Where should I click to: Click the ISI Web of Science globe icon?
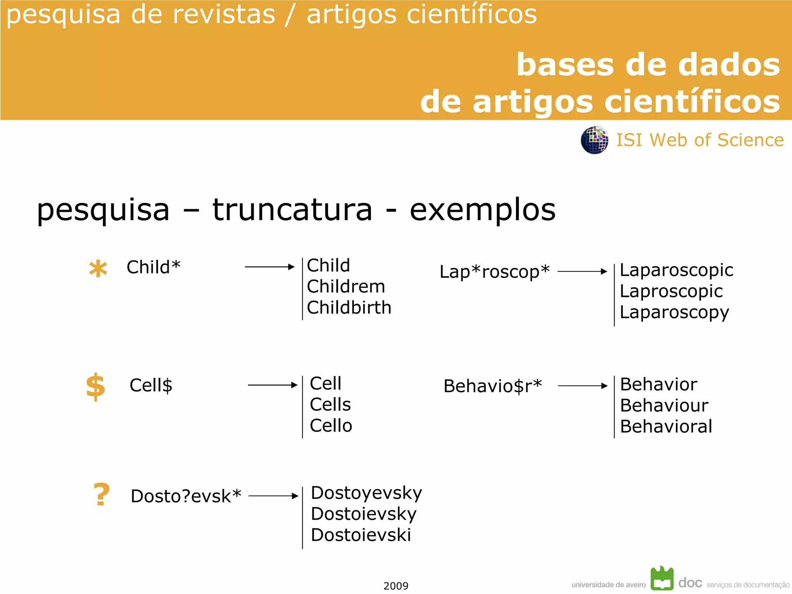[594, 140]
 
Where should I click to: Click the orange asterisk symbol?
[98, 269]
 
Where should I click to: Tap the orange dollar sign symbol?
[96, 387]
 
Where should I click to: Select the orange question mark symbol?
[101, 495]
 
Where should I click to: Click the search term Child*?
[154, 267]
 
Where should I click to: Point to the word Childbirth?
[349, 308]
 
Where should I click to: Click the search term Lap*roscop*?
[495, 271]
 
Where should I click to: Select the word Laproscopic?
[671, 291]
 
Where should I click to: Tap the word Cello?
[331, 426]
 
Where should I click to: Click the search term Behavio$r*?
[493, 386]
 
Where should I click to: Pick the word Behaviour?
[664, 406]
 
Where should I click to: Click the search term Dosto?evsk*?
[186, 496]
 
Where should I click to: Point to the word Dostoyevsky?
[366, 493]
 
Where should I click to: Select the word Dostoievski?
[361, 535]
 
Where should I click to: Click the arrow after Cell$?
[273, 385]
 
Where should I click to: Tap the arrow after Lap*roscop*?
[582, 271]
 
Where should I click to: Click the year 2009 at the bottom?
[396, 586]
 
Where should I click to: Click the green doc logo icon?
[662, 579]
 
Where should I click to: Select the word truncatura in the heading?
[292, 210]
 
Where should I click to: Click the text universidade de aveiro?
[608, 585]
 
